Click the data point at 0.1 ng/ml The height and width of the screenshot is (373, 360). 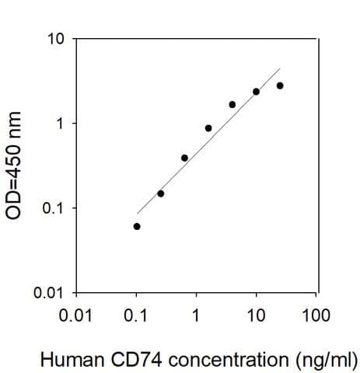(x=137, y=226)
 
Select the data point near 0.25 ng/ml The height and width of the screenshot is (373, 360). (x=161, y=193)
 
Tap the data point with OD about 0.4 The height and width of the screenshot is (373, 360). (x=184, y=158)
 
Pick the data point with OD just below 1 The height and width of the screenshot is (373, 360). (x=208, y=128)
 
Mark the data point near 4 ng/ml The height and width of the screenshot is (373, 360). (x=232, y=104)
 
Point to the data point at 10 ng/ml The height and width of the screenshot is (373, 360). (x=256, y=92)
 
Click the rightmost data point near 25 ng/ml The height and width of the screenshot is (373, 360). (x=280, y=85)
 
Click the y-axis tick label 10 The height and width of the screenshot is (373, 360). (x=56, y=39)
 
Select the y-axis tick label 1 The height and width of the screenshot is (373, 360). (x=60, y=124)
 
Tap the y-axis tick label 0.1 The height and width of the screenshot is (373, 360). (x=53, y=208)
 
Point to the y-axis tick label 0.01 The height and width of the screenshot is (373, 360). (x=49, y=293)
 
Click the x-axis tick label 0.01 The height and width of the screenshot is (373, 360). (x=75, y=315)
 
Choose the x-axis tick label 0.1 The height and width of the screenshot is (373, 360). (x=137, y=315)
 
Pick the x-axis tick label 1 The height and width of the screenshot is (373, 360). (x=196, y=315)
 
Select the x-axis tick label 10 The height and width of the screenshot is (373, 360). (x=256, y=315)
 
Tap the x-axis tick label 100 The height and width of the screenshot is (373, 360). (x=316, y=315)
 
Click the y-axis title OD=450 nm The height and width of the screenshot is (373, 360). (x=16, y=166)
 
